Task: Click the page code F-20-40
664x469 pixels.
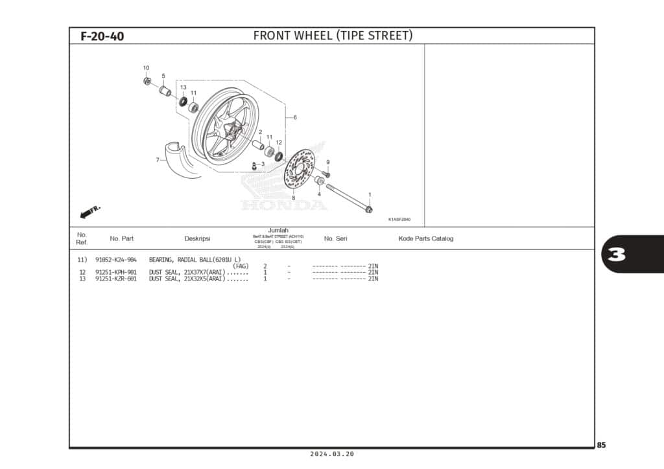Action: (x=102, y=36)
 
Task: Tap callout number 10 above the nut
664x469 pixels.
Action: (x=146, y=68)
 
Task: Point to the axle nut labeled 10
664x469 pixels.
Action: (x=147, y=81)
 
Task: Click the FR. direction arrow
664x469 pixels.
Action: (x=89, y=212)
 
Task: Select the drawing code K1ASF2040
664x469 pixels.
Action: (x=399, y=219)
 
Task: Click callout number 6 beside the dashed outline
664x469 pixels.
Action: (x=295, y=117)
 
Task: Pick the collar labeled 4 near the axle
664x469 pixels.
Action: (x=320, y=180)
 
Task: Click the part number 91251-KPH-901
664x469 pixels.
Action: (x=115, y=272)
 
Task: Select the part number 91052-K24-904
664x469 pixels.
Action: (x=115, y=260)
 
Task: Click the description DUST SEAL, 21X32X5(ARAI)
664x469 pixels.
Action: (x=187, y=279)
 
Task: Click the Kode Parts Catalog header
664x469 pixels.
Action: (x=425, y=238)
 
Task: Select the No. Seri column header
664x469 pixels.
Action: (x=335, y=238)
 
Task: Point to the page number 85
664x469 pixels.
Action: (x=601, y=445)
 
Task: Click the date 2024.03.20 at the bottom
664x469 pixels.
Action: (x=332, y=455)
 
